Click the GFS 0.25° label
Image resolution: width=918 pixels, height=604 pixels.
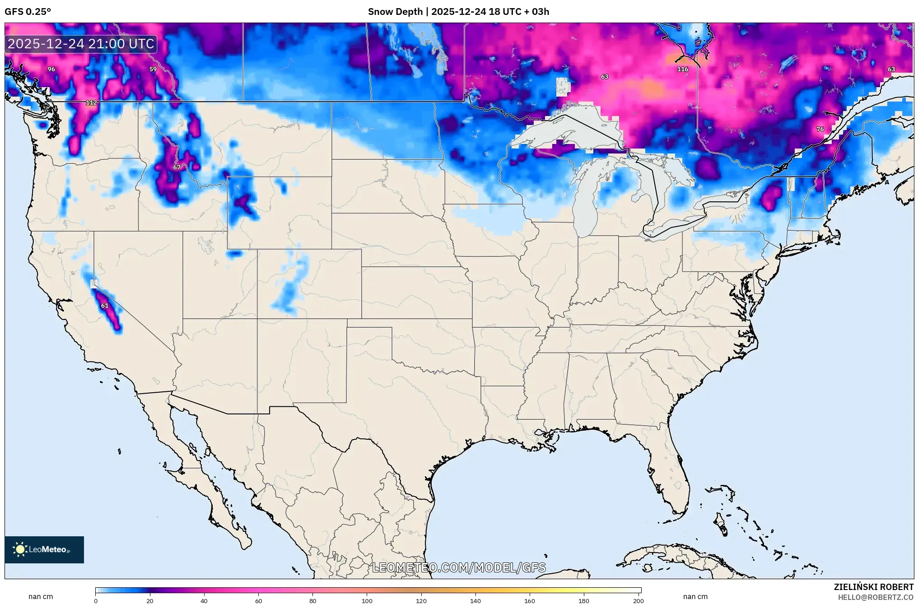[28, 12]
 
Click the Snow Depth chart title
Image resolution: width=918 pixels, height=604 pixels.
[458, 12]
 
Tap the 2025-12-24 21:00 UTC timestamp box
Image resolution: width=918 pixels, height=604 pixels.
[81, 44]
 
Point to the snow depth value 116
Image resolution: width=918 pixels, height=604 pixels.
[682, 69]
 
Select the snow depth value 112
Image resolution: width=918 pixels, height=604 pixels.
[91, 102]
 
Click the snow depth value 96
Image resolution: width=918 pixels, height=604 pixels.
[51, 69]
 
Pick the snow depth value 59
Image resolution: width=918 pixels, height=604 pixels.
[153, 69]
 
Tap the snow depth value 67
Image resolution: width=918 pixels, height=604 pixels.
[177, 167]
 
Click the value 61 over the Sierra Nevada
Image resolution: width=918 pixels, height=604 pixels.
[105, 306]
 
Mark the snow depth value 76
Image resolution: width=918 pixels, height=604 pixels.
[820, 129]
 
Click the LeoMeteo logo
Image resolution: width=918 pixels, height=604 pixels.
[44, 549]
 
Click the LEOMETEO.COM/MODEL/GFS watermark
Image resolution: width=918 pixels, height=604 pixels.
[458, 567]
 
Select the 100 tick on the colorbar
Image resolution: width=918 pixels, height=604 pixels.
[367, 600]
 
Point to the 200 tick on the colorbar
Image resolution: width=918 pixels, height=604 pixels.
[638, 600]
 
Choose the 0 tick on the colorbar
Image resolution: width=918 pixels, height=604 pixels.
[96, 600]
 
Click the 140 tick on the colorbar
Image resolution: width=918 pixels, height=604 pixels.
[475, 600]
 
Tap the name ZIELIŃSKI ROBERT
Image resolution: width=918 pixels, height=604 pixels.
[873, 587]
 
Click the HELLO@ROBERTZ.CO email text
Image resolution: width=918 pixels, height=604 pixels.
[875, 597]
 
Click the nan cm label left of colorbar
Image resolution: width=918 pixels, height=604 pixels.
[41, 596]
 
